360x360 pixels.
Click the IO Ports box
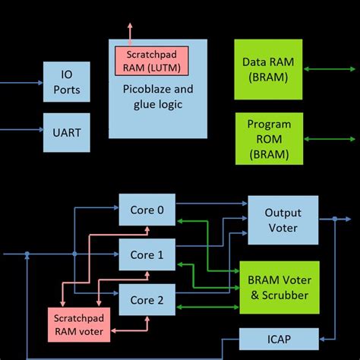71,84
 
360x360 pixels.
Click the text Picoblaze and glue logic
157,97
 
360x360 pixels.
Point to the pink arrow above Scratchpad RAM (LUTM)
131,35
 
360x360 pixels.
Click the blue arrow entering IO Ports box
23,82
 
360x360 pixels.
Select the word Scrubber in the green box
279,295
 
